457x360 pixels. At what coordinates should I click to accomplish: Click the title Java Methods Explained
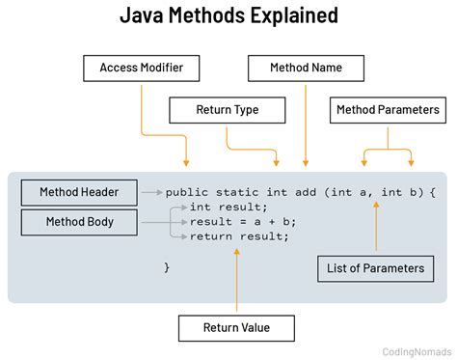(x=228, y=16)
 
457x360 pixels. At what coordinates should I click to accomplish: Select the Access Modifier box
(x=142, y=69)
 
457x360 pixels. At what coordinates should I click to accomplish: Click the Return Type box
(x=227, y=110)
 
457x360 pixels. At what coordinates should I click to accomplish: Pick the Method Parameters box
(x=388, y=110)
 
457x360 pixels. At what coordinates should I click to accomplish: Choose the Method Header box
(x=79, y=192)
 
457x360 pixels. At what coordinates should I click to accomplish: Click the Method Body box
(x=79, y=222)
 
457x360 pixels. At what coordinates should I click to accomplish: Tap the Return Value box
(x=236, y=327)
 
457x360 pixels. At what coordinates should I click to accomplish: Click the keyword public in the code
(x=187, y=193)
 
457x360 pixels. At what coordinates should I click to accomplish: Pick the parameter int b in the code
(x=399, y=193)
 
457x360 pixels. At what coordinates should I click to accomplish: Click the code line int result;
(x=228, y=208)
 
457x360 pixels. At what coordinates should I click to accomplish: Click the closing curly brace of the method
(x=167, y=265)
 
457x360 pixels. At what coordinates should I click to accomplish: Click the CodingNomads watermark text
(x=413, y=351)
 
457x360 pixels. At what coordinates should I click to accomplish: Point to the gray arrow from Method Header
(x=151, y=193)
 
